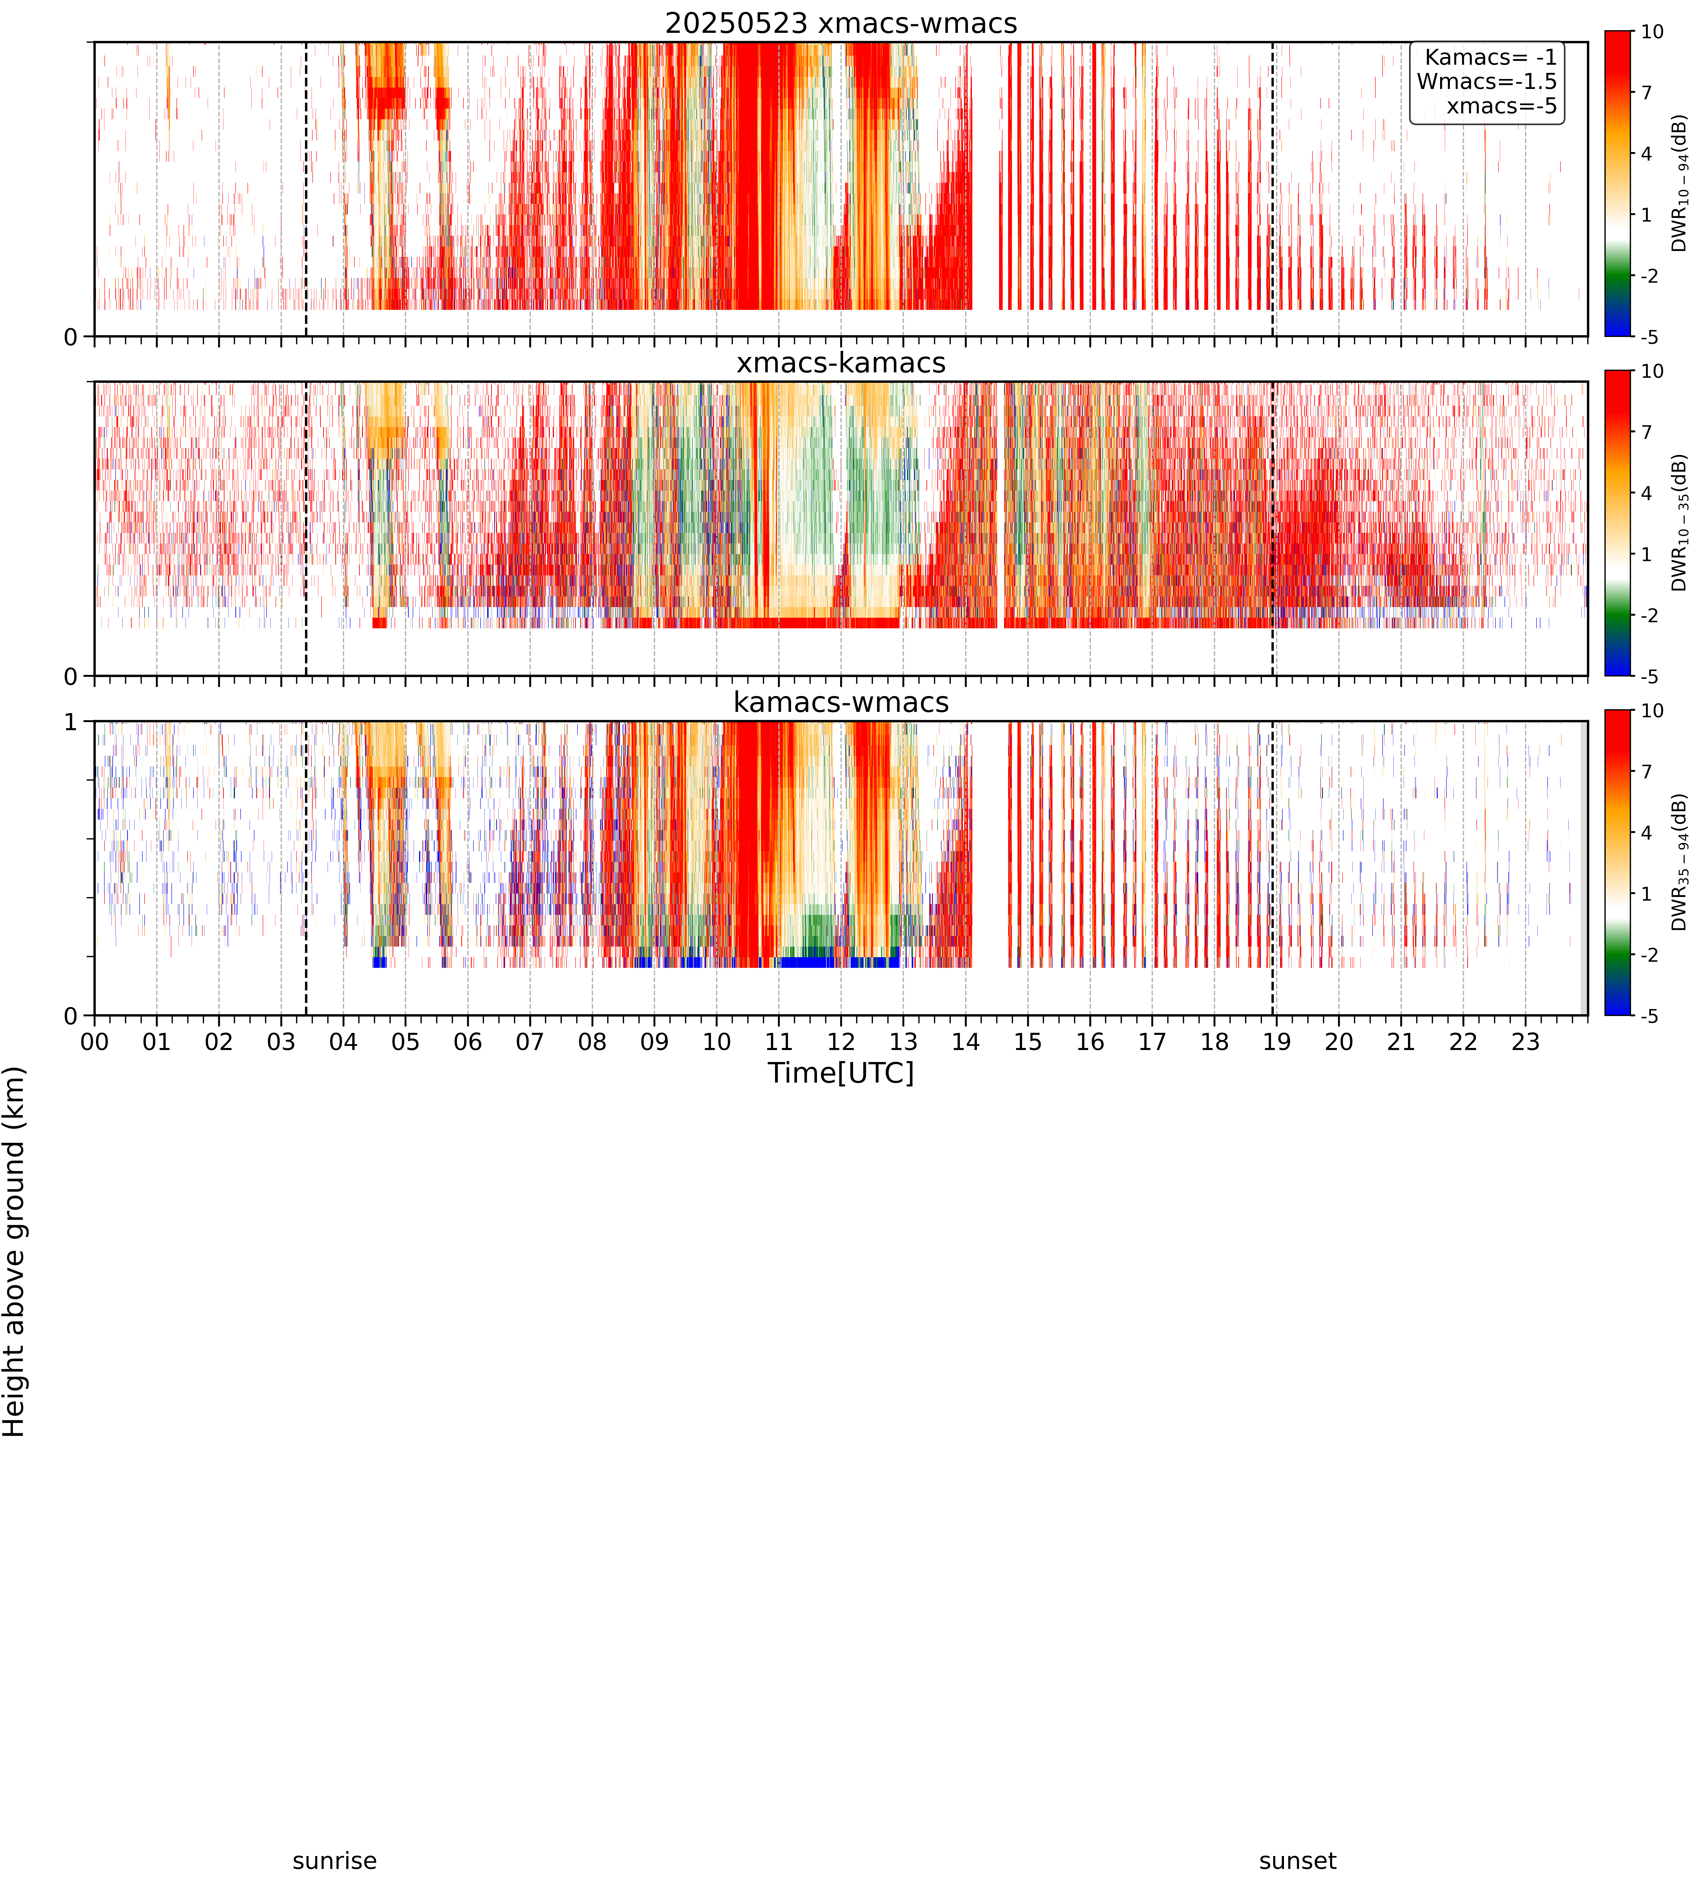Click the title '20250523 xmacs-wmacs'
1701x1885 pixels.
tap(841, 23)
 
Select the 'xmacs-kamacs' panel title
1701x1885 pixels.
tap(841, 363)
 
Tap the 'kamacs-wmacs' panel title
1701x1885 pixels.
tap(841, 702)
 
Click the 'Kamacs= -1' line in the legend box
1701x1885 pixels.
tap(1491, 57)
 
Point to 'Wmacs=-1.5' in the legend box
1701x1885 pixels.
tap(1487, 81)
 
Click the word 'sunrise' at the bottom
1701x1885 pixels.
tap(335, 1861)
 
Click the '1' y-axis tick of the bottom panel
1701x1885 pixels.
tap(71, 722)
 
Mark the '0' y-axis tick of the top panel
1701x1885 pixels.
tap(71, 337)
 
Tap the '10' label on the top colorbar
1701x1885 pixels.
tap(1652, 32)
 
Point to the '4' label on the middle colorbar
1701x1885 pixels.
tap(1647, 493)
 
